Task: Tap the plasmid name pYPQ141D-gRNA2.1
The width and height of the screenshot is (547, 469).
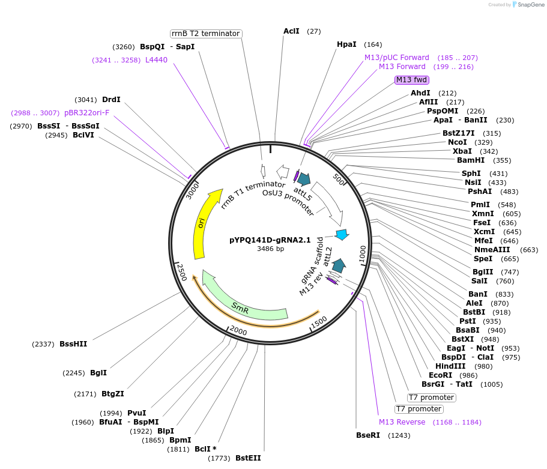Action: (270, 240)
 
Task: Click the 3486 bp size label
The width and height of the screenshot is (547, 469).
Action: (270, 249)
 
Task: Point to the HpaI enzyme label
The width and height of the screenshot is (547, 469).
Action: (346, 44)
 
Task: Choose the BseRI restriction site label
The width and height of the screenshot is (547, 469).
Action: (368, 435)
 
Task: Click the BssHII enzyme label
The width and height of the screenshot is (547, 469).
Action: (73, 344)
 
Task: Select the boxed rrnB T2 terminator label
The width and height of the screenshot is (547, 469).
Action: (205, 34)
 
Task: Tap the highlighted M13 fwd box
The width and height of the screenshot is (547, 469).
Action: (412, 80)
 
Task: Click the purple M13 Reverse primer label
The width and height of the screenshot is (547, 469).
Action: (402, 422)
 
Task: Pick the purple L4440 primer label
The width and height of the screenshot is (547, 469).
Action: (156, 60)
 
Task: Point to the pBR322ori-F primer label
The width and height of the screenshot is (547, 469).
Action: (86, 112)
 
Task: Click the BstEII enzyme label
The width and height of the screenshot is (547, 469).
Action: (248, 458)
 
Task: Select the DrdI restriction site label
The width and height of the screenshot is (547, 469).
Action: (111, 100)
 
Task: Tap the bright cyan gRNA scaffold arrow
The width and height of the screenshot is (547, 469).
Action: (342, 235)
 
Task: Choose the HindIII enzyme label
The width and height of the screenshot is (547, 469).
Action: (450, 366)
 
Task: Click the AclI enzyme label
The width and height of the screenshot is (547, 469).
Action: (291, 31)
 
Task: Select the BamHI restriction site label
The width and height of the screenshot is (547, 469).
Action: (471, 160)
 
